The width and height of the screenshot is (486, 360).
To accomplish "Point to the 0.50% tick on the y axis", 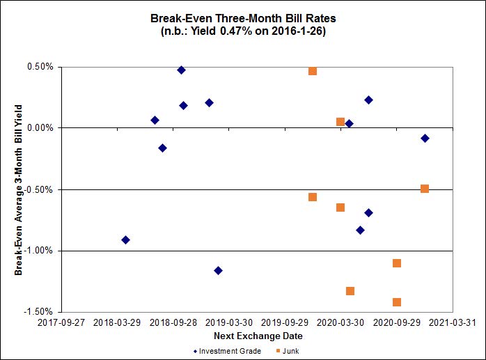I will pos(40,67).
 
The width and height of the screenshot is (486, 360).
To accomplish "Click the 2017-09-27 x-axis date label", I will pos(61,323).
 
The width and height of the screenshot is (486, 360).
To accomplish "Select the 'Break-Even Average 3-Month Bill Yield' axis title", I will pos(19,189).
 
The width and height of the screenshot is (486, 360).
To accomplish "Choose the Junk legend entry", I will pos(292,351).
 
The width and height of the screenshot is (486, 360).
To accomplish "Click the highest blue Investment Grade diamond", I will pos(181,70).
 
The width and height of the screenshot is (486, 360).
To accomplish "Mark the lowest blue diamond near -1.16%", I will pos(218,270).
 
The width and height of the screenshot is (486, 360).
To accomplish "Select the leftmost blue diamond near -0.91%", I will pos(125,240).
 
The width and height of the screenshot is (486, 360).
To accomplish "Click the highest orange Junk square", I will pos(313,71).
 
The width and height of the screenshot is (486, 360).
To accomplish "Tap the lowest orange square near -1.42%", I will pos(397,302).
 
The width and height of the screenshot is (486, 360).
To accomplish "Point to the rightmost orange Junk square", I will pos(425,189).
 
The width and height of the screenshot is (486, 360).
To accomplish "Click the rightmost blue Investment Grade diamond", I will pos(425,138).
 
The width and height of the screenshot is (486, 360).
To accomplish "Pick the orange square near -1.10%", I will pos(397,263).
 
